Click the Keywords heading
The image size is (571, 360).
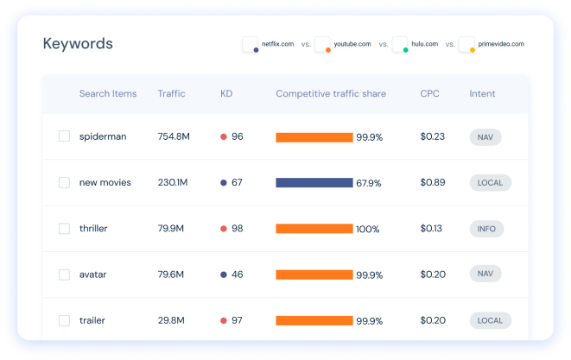(x=78, y=44)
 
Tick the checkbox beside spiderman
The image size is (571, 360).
(x=64, y=136)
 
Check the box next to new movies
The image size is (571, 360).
(x=64, y=182)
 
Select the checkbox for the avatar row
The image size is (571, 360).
(x=64, y=275)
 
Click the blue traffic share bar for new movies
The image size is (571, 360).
(x=314, y=183)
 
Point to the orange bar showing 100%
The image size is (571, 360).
(x=314, y=229)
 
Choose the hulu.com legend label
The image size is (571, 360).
(x=424, y=43)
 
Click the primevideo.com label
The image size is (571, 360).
(x=501, y=43)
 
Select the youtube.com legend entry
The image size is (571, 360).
(x=352, y=43)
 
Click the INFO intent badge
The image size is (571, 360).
(x=485, y=229)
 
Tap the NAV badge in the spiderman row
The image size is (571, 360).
(x=485, y=136)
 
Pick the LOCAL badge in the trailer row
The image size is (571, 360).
(x=490, y=320)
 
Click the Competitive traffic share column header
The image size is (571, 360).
(x=331, y=93)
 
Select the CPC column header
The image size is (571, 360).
(x=429, y=93)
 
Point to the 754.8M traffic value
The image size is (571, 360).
(x=178, y=136)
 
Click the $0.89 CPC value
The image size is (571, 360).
(x=432, y=182)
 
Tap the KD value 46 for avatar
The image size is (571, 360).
(x=237, y=275)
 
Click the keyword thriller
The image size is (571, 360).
(x=93, y=229)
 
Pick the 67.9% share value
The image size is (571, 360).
(x=370, y=183)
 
